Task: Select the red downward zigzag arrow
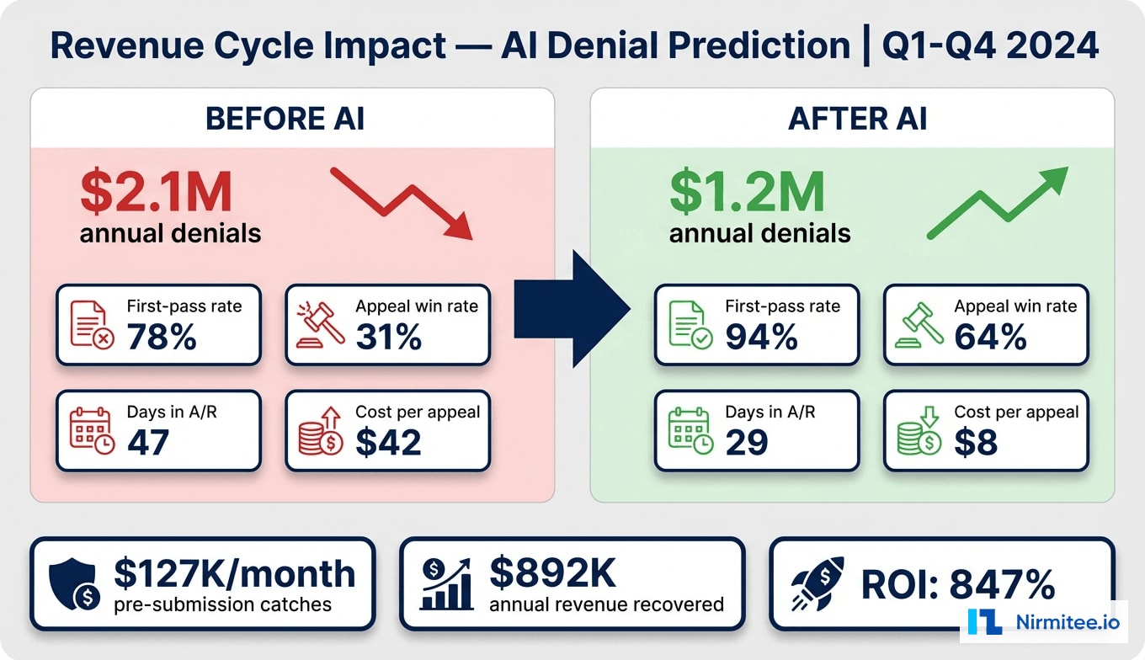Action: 402,203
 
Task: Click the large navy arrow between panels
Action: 572,309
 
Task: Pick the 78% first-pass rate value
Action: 162,338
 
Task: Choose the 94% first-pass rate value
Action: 761,338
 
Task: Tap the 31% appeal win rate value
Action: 388,338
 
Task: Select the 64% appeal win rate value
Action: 990,338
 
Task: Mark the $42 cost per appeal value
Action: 388,443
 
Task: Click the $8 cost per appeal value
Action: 976,443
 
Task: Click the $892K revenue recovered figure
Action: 552,573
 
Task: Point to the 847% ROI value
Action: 1001,584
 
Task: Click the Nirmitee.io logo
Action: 1044,621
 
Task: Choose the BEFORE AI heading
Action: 285,119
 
